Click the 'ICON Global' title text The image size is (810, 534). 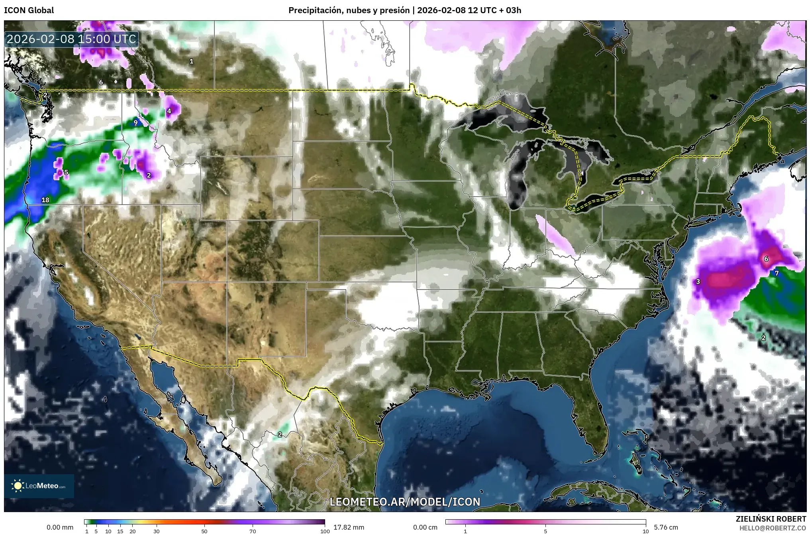pyautogui.click(x=29, y=10)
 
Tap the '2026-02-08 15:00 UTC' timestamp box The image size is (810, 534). pyautogui.click(x=72, y=39)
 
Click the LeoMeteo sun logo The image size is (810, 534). pyautogui.click(x=18, y=486)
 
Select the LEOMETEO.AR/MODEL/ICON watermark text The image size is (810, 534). pyautogui.click(x=405, y=502)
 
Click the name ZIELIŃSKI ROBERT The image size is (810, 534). pyautogui.click(x=771, y=519)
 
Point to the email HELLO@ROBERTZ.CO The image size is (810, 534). pyautogui.click(x=773, y=528)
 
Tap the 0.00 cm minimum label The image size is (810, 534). pyautogui.click(x=425, y=527)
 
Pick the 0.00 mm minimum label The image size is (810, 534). pyautogui.click(x=60, y=527)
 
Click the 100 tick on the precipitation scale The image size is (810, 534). pyautogui.click(x=325, y=531)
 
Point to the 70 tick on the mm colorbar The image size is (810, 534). pyautogui.click(x=253, y=531)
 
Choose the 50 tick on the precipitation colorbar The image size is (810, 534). pyautogui.click(x=204, y=531)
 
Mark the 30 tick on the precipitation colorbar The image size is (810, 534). pyautogui.click(x=157, y=531)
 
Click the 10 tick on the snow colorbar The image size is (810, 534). pyautogui.click(x=645, y=531)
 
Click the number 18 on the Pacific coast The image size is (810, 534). pyautogui.click(x=45, y=200)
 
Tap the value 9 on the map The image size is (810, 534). pyautogui.click(x=135, y=122)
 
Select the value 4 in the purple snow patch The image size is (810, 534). pyautogui.click(x=169, y=111)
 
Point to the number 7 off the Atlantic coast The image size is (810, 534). pyautogui.click(x=777, y=273)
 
